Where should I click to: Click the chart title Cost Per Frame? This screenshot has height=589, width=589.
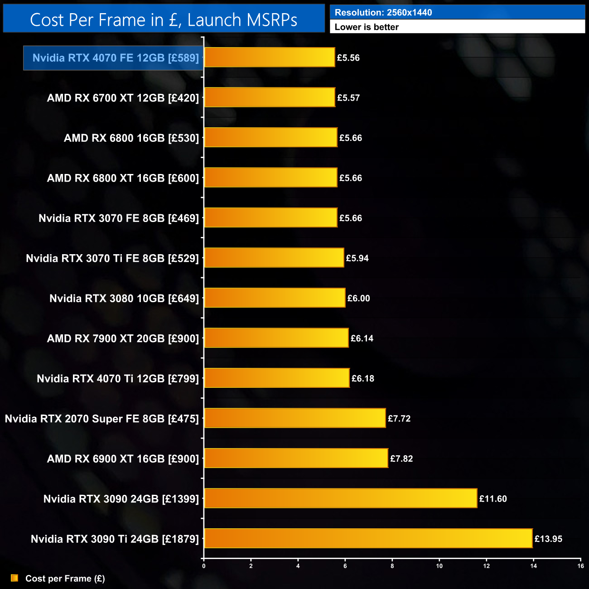[x=164, y=20]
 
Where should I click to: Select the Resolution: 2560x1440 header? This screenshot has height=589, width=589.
[x=383, y=13]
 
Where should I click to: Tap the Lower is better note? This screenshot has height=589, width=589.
[x=367, y=27]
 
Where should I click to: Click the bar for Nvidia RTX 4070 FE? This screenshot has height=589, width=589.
[x=270, y=58]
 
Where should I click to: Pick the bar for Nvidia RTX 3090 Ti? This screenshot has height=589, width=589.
[x=368, y=539]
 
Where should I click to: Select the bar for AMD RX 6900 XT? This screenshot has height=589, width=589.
[x=296, y=459]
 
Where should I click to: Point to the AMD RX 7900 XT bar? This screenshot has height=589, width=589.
[x=276, y=338]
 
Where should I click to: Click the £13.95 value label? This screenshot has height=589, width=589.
[x=548, y=539]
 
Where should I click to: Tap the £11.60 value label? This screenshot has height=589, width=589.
[x=493, y=499]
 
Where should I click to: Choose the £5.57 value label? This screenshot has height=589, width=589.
[x=348, y=98]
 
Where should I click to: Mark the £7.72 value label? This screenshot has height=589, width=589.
[x=399, y=419]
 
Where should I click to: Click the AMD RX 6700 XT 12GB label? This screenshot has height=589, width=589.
[x=123, y=98]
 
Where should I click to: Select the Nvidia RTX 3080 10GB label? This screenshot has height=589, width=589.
[x=124, y=299]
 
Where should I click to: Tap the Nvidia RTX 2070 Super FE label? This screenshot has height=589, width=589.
[x=102, y=419]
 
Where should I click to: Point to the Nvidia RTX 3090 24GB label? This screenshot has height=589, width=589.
[x=121, y=499]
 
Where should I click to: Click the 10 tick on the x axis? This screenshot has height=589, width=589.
[x=439, y=566]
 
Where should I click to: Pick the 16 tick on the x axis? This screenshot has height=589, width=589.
[x=580, y=566]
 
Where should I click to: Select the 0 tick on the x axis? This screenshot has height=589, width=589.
[x=204, y=566]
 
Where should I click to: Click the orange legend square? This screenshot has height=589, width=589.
[x=14, y=578]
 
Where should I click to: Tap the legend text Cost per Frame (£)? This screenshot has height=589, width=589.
[x=65, y=579]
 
